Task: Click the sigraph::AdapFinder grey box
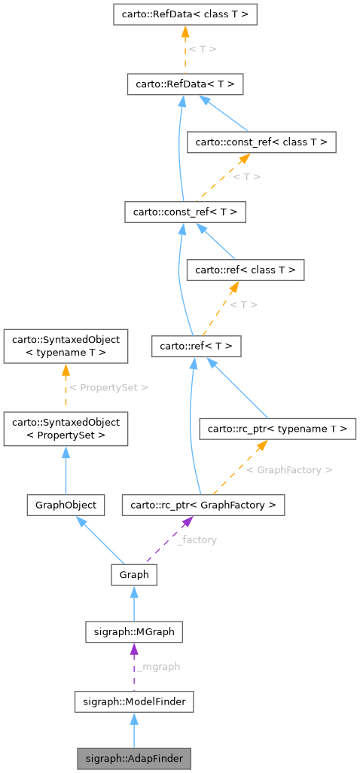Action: [x=133, y=757]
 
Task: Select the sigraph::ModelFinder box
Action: [x=133, y=702]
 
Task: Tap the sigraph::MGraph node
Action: [x=133, y=631]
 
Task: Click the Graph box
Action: [x=133, y=575]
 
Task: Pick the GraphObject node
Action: [x=66, y=505]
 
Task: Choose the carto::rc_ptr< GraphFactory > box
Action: [x=203, y=505]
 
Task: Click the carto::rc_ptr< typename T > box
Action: [x=276, y=429]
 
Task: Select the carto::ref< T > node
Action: [x=196, y=347]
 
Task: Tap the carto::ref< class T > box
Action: [x=246, y=269]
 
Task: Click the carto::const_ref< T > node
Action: [x=185, y=212]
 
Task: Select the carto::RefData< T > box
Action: [x=185, y=84]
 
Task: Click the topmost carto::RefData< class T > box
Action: [x=185, y=14]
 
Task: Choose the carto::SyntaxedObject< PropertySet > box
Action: [x=66, y=429]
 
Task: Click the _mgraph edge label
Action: [x=158, y=667]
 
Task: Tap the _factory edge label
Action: [x=197, y=540]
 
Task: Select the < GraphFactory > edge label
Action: [x=289, y=469]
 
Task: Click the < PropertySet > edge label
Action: [x=108, y=387]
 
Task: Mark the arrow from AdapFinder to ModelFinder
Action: [x=133, y=730]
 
